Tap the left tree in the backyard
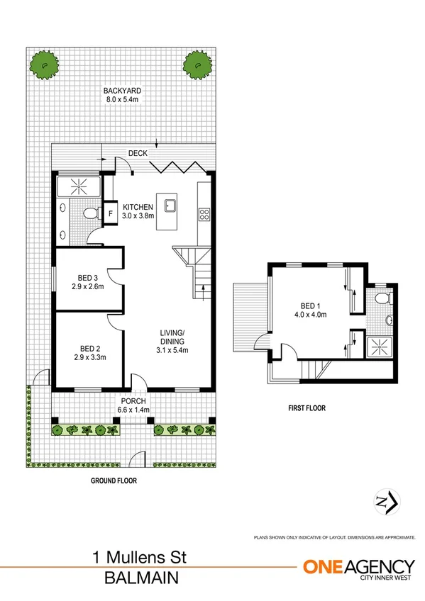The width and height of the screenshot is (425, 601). tap(43, 66)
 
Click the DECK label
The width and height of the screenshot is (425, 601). tap(138, 153)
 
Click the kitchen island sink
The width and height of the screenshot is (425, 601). tap(171, 206)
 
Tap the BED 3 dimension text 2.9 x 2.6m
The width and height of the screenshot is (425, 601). tap(88, 287)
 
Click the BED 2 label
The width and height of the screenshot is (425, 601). tap(89, 348)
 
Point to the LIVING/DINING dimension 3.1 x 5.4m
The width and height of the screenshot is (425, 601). tap(172, 349)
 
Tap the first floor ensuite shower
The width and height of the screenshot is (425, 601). tap(381, 347)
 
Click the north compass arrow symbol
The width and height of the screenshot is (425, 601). tap(384, 502)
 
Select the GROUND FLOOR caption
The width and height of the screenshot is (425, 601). tap(114, 480)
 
